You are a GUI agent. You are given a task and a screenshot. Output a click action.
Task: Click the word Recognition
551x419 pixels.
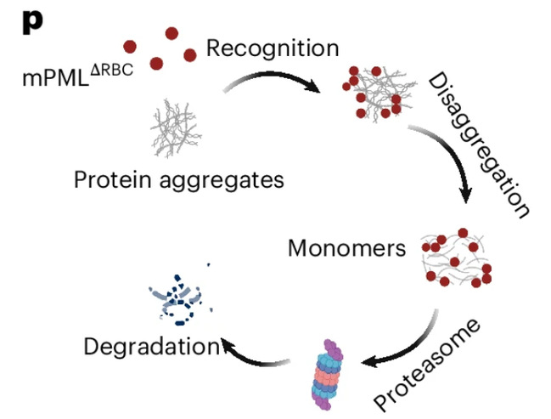(x=273, y=48)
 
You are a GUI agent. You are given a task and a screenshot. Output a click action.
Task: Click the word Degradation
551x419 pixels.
(x=151, y=346)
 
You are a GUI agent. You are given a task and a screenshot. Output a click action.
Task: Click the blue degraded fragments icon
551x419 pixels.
(x=177, y=297)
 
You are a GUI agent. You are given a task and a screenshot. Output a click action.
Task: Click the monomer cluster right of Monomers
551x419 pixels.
(x=458, y=260)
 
